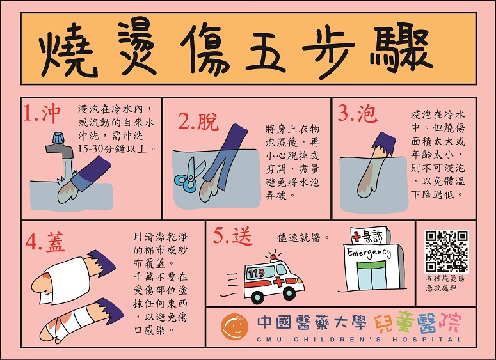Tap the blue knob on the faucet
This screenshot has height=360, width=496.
(x=59, y=138)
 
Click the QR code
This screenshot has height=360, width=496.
(x=446, y=251)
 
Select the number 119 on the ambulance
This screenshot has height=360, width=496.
(x=256, y=272)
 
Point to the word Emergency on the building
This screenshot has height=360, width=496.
(x=369, y=253)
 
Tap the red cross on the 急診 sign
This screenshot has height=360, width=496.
(x=356, y=237)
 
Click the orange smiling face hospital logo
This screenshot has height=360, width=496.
(x=234, y=327)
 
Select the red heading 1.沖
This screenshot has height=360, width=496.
(x=42, y=113)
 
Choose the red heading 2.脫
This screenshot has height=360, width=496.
(x=198, y=121)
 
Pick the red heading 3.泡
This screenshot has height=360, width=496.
(x=358, y=113)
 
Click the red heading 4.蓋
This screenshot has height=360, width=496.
(x=45, y=242)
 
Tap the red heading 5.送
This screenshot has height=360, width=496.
(x=233, y=236)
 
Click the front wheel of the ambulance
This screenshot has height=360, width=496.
(x=257, y=297)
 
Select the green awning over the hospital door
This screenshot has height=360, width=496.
(x=371, y=265)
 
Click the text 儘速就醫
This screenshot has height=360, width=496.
(x=299, y=238)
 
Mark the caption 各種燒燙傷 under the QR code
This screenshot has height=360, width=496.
(x=445, y=278)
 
